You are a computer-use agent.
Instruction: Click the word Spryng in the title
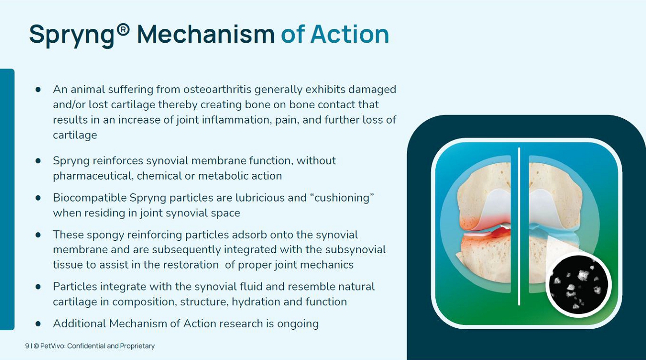coord(72,35)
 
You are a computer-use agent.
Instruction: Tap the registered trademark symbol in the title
coord(123,30)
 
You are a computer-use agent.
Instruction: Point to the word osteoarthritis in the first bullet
coord(218,89)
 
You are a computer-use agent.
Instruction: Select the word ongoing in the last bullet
coord(298,324)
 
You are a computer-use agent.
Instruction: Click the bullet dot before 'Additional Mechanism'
coord(38,324)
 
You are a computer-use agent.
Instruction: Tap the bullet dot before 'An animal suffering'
coord(38,89)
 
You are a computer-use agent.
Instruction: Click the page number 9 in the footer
coord(27,346)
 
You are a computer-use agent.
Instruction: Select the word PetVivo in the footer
coord(53,346)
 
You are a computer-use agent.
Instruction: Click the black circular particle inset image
coord(578,285)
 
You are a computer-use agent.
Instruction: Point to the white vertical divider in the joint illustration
coord(519,226)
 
